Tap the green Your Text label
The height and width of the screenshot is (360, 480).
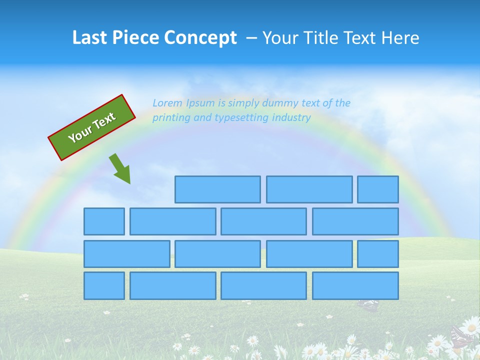coord(92,127)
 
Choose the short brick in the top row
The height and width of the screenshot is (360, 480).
coord(378,189)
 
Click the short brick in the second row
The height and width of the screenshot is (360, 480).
coord(104,221)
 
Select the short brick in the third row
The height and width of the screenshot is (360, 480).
coord(378,254)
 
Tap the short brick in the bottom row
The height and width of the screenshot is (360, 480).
coord(104,286)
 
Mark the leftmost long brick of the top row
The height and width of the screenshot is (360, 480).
coord(217,189)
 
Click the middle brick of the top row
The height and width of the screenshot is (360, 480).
coord(309,189)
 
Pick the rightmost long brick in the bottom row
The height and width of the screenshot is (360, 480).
coord(355,286)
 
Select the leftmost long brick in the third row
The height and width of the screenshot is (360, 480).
coord(126,254)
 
